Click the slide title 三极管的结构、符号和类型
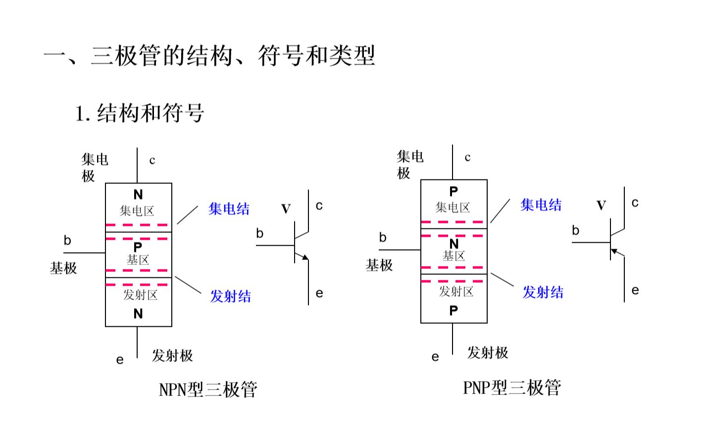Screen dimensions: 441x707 [233, 55]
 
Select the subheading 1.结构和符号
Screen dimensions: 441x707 [140, 113]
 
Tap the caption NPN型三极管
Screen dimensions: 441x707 [208, 390]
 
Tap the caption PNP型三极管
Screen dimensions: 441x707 [512, 387]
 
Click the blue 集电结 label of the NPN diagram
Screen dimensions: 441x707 [229, 209]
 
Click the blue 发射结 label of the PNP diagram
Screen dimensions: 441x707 [543, 292]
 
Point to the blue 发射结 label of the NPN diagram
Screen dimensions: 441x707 [231, 296]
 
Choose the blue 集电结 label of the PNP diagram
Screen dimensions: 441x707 [541, 205]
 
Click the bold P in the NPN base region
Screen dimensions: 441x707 [138, 247]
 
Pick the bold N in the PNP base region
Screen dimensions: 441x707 [454, 244]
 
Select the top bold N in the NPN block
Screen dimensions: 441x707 [138, 195]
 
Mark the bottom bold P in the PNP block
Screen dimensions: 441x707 [454, 310]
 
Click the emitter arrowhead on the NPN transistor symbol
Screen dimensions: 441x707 [305, 257]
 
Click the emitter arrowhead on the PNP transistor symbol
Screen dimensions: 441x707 [614, 251]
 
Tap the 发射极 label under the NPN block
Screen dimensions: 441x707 [172, 355]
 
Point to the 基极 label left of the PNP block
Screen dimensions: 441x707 [379, 265]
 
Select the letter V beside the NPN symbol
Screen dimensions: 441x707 [286, 209]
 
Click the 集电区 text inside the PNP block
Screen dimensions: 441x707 [453, 207]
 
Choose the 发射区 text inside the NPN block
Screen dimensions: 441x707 [140, 295]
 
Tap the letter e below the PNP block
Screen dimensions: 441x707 [435, 357]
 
